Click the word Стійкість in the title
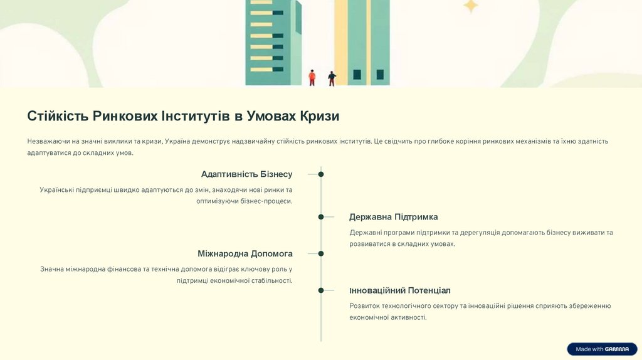(58, 116)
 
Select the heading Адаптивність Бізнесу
(246, 174)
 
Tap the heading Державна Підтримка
(393, 217)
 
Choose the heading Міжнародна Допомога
(245, 254)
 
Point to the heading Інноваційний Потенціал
(400, 291)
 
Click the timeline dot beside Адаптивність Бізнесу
(321, 174)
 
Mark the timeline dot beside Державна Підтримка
(321, 217)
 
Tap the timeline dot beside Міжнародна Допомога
(321, 254)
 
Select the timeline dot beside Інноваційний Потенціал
(321, 290)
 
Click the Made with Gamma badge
(602, 349)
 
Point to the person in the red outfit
(312, 77)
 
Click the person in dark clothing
(332, 78)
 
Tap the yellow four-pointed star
(470, 6)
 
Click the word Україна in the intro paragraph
(179, 142)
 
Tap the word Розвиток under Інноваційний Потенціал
(364, 306)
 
